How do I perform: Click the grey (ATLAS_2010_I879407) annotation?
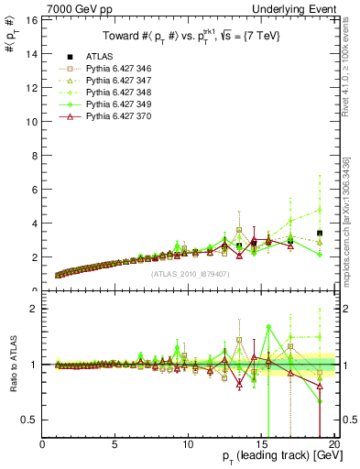[189, 274]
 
